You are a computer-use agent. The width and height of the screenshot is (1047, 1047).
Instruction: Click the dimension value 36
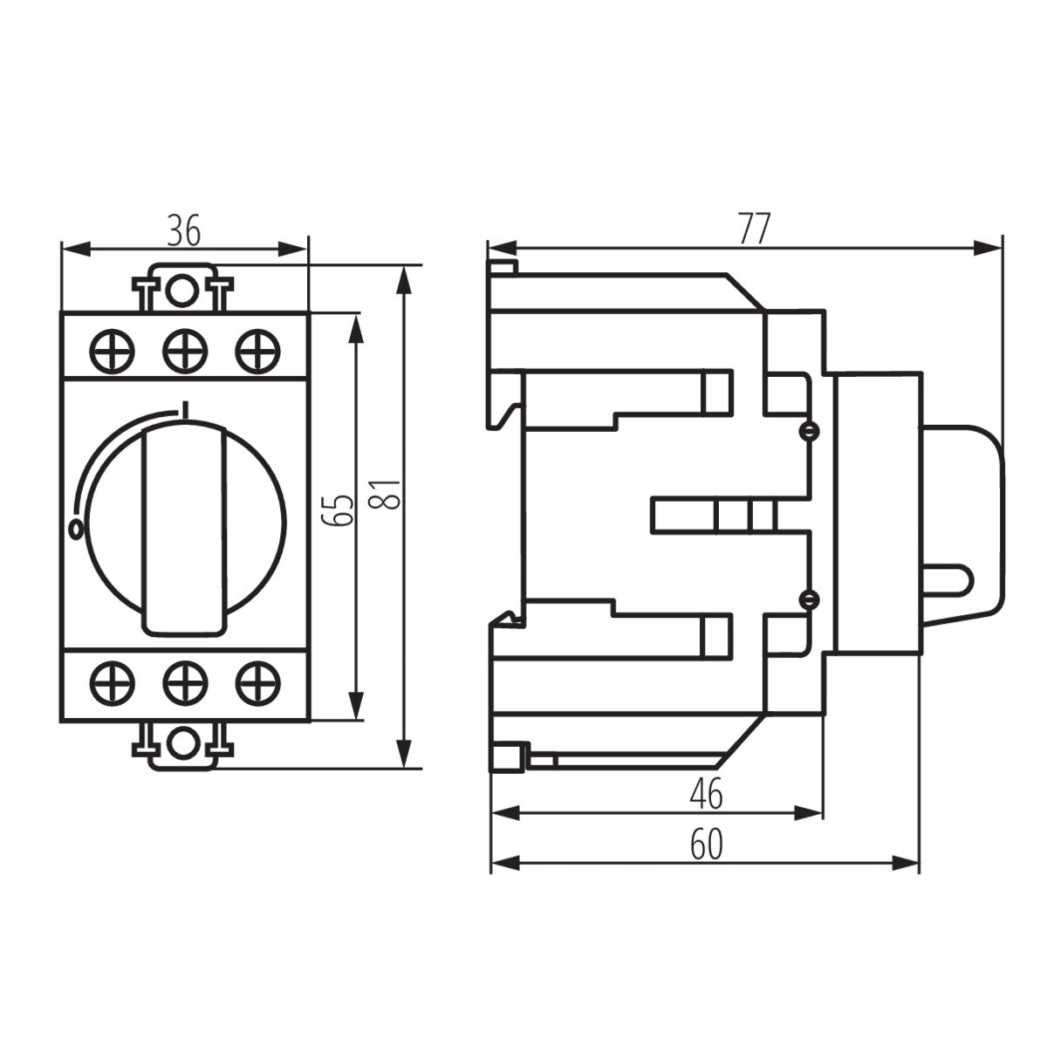click(x=184, y=230)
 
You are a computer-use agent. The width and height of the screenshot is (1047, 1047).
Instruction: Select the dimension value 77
click(x=754, y=229)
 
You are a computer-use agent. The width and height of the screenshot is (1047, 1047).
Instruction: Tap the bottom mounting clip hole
click(x=181, y=742)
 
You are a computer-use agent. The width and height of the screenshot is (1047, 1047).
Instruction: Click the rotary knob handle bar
click(x=184, y=528)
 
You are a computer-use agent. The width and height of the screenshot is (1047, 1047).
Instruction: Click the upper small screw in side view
click(x=811, y=432)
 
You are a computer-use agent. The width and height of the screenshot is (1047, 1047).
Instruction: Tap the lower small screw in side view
click(x=811, y=598)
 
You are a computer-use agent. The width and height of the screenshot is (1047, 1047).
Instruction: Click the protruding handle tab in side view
click(x=951, y=578)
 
